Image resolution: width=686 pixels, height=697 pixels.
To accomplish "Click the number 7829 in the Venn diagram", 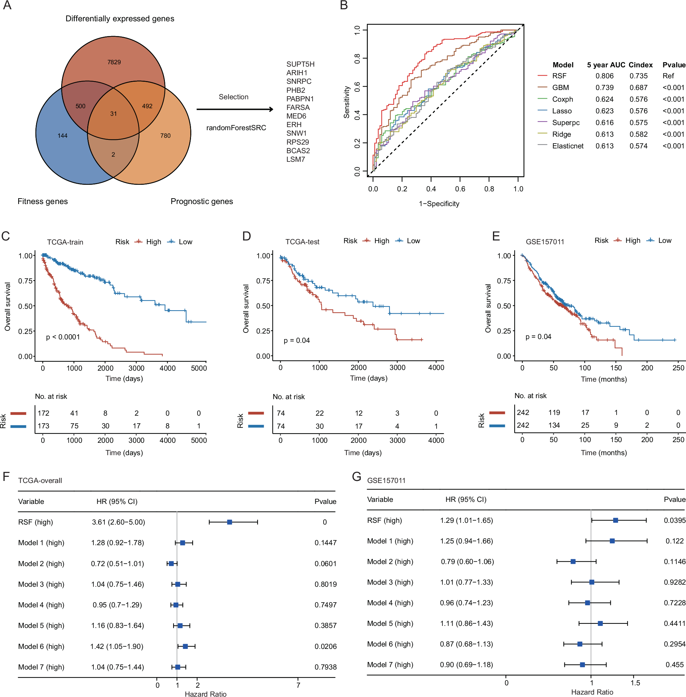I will tap(114, 62).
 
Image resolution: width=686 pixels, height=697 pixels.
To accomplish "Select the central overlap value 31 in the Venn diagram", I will tap(113, 114).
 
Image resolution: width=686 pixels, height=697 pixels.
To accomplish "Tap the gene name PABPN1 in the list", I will tap(300, 99).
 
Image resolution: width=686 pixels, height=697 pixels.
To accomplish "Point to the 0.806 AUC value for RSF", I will tap(604, 76).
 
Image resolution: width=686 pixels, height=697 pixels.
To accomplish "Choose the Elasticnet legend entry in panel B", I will tap(567, 146).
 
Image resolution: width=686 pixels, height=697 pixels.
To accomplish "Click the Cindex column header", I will tap(640, 65).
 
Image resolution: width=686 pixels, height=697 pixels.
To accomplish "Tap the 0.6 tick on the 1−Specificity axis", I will tap(460, 189).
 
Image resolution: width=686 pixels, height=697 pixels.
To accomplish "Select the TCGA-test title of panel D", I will tap(302, 242).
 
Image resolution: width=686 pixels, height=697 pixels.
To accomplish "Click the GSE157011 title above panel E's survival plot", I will tap(544, 242).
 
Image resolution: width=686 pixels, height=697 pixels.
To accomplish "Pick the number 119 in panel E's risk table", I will tap(554, 413).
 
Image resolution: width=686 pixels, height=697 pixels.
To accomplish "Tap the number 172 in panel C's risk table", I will tap(43, 413).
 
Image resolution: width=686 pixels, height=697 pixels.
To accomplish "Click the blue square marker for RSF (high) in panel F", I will tap(229, 522).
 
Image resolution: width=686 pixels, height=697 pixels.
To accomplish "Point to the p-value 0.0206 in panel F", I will tap(325, 647).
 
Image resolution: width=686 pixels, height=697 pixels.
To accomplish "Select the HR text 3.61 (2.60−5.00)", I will tap(118, 522).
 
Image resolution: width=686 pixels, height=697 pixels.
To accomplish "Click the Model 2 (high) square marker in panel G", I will tap(573, 562).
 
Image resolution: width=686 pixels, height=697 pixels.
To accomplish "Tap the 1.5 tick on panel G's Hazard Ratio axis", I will tap(635, 683).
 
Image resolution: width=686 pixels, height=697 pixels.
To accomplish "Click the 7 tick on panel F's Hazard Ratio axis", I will tap(298, 685).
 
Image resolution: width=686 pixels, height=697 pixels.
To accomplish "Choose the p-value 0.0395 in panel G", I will tap(674, 520).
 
